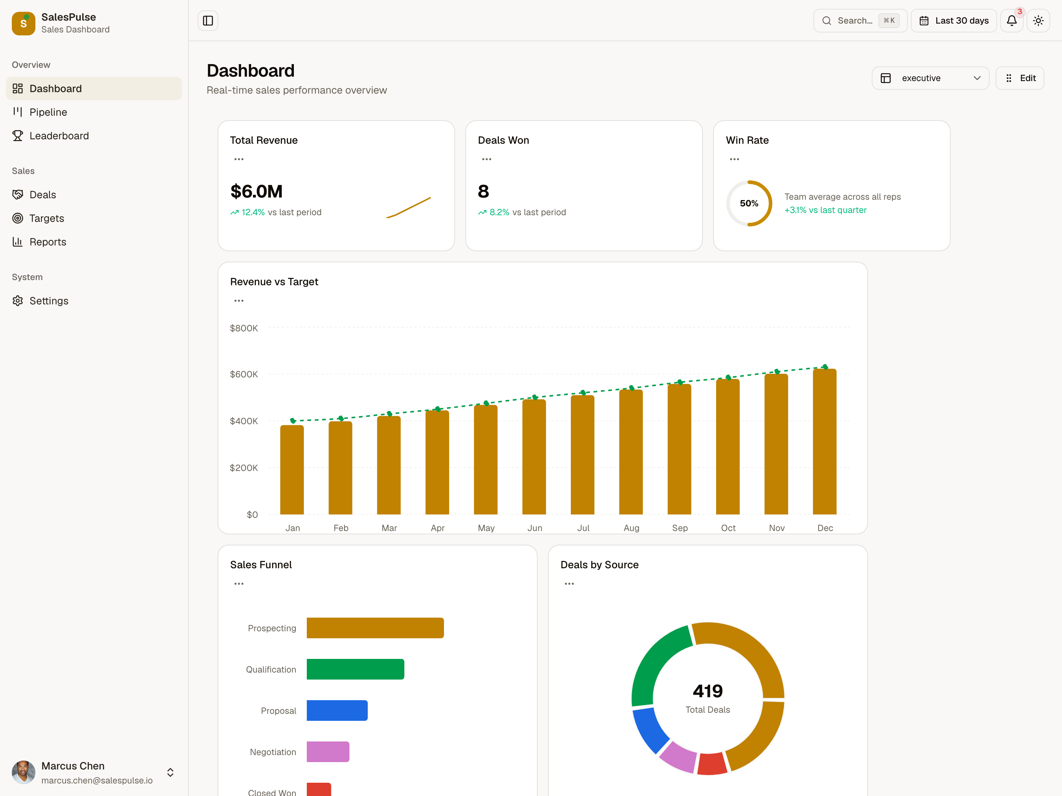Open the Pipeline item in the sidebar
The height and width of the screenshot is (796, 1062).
(48, 112)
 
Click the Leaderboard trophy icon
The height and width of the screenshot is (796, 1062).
(18, 136)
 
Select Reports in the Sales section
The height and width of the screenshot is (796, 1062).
(48, 242)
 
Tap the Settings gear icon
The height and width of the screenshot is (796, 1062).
(18, 301)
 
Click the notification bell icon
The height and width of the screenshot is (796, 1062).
(1011, 21)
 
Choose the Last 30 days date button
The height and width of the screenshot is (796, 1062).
(954, 21)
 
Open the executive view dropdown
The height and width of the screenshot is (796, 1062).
(930, 78)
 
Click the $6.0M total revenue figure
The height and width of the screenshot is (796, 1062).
(256, 191)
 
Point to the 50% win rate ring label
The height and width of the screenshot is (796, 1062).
(749, 203)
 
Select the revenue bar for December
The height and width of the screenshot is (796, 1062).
(825, 441)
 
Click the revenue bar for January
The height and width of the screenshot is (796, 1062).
(292, 470)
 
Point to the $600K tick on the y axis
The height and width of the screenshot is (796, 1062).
(244, 374)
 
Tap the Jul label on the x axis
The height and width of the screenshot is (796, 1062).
(583, 528)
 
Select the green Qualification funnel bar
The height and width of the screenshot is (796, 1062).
(355, 669)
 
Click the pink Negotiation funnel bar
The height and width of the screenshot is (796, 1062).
(328, 752)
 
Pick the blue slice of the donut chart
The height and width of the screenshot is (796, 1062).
(650, 729)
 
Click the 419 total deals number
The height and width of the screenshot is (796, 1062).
(708, 691)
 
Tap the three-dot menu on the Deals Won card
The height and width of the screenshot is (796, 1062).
(486, 159)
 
